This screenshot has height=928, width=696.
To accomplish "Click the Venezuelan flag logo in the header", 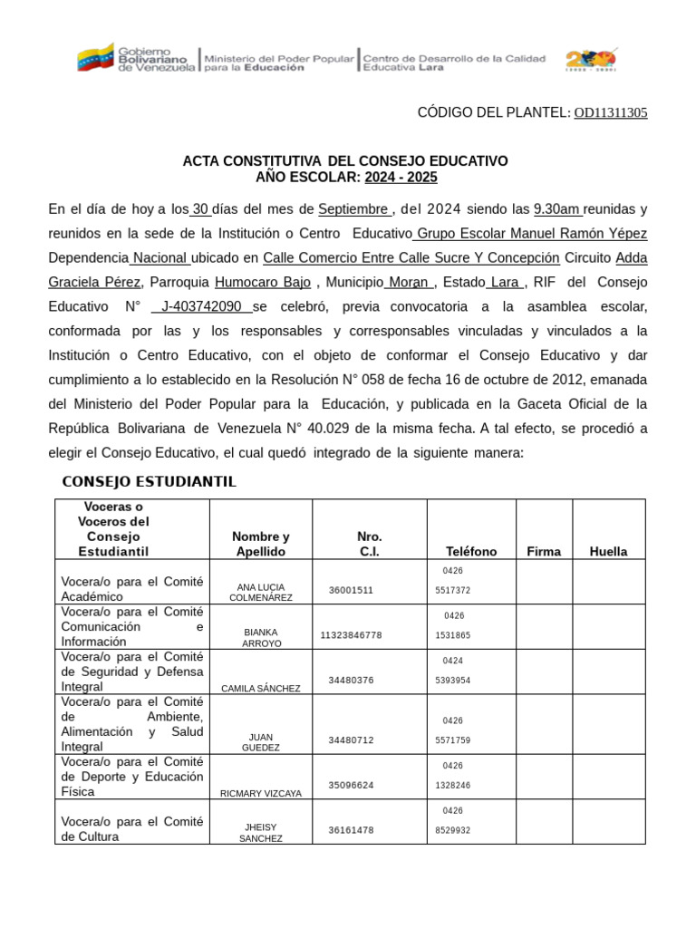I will click(97, 59).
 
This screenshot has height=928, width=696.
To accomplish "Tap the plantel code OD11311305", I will click(611, 112).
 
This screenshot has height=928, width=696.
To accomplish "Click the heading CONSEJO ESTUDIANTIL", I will click(149, 481).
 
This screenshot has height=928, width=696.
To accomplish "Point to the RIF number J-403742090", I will click(201, 307).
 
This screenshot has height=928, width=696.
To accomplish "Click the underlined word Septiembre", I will click(353, 209).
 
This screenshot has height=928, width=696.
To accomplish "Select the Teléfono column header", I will click(471, 551).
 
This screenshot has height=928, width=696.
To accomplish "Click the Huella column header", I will click(608, 551).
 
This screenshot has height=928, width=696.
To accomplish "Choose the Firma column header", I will click(544, 551).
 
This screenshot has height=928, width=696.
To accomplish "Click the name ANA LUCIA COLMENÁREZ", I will click(261, 592).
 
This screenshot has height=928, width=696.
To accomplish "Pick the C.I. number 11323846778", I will click(351, 635).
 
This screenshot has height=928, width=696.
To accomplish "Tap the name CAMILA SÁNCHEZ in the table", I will click(261, 688).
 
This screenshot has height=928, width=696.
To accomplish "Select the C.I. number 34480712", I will click(351, 740).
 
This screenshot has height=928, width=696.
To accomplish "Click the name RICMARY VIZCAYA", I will click(261, 793).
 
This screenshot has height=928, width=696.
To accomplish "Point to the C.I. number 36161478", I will click(351, 830).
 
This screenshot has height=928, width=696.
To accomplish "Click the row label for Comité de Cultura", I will click(132, 829).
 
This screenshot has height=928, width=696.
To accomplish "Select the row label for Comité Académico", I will click(132, 589).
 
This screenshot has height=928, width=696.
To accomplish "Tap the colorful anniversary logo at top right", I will click(591, 60).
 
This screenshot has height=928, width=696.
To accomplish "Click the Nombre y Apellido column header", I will click(261, 544).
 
